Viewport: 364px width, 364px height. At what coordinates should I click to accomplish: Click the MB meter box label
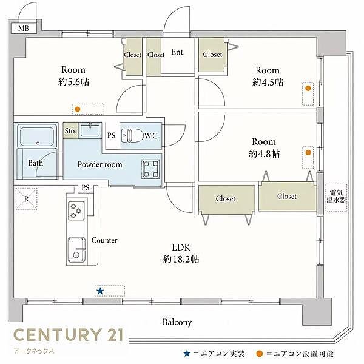(x=24, y=29)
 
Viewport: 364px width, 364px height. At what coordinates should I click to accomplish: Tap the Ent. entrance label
(x=178, y=52)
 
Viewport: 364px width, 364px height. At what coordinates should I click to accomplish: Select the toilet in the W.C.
(x=132, y=135)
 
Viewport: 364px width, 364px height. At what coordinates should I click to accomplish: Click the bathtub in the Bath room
(x=37, y=136)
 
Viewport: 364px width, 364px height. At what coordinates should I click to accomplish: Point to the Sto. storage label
(x=70, y=131)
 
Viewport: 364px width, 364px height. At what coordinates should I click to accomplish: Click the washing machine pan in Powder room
(x=151, y=169)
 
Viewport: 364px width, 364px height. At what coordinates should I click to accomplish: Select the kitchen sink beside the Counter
(x=76, y=250)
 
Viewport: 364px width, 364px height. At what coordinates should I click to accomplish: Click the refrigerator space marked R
(x=27, y=199)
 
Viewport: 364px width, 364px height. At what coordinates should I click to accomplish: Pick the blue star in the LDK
(x=100, y=291)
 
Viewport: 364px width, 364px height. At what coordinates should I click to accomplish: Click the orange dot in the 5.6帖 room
(x=78, y=109)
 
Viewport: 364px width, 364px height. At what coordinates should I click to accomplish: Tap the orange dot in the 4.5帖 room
(x=308, y=88)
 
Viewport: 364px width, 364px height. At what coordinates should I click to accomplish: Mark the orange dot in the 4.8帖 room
(x=308, y=152)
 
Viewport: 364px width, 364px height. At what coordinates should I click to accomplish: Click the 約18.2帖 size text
(x=181, y=259)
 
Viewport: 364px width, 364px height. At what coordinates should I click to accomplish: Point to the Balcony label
(x=177, y=322)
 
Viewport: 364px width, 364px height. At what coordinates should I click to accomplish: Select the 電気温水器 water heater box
(x=336, y=198)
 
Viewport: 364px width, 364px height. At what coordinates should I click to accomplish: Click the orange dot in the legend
(x=259, y=354)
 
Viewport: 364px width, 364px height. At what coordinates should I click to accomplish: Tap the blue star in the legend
(x=187, y=354)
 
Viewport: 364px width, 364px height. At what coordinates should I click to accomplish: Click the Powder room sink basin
(x=90, y=130)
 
